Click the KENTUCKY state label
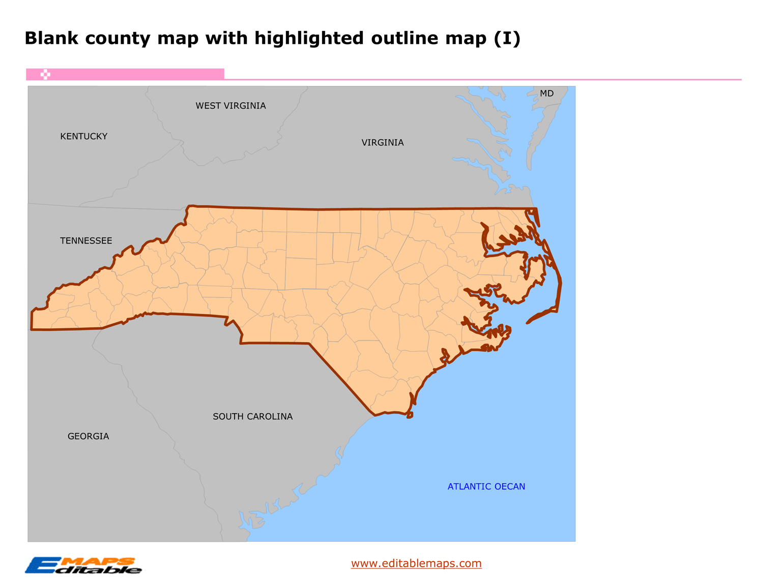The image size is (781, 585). pyautogui.click(x=83, y=136)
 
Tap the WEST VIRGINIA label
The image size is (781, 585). pyautogui.click(x=230, y=106)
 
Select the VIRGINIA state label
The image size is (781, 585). pyautogui.click(x=383, y=143)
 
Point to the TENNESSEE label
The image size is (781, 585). pyautogui.click(x=86, y=241)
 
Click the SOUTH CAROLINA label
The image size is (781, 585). pyautogui.click(x=252, y=417)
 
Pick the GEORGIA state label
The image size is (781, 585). pyautogui.click(x=88, y=437)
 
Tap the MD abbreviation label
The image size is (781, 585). pyautogui.click(x=546, y=94)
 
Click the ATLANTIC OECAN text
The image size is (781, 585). pyautogui.click(x=486, y=487)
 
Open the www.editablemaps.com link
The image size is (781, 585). pyautogui.click(x=416, y=563)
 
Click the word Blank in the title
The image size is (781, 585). pyautogui.click(x=51, y=39)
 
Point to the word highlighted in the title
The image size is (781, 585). pyautogui.click(x=309, y=39)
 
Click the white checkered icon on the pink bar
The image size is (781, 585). pyautogui.click(x=45, y=75)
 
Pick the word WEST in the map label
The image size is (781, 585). pyautogui.click(x=208, y=106)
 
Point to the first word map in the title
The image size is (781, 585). pyautogui.click(x=178, y=39)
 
